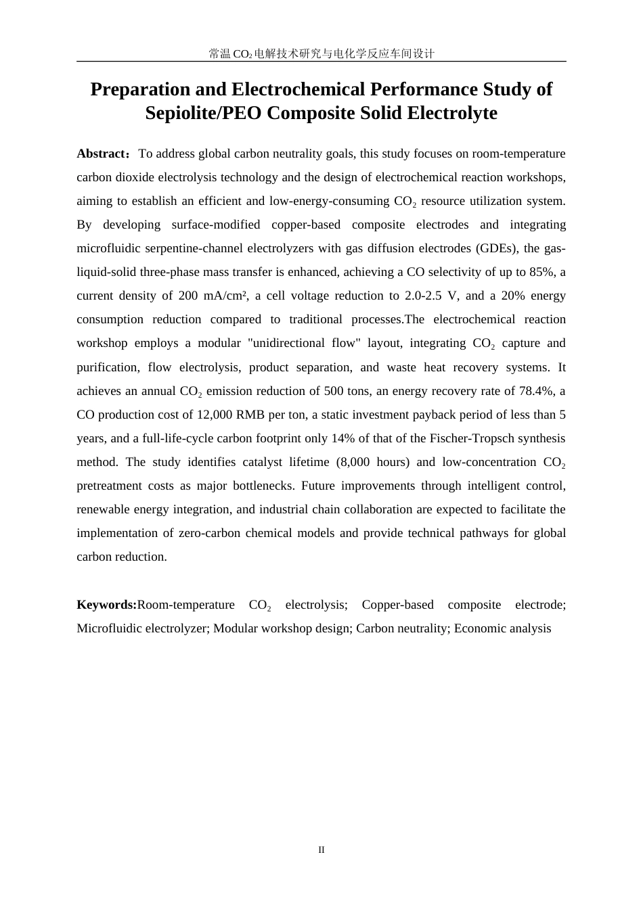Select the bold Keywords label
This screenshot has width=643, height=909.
coord(107,605)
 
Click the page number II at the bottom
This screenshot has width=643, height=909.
coord(321,849)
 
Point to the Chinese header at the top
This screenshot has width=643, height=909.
coord(321,53)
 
